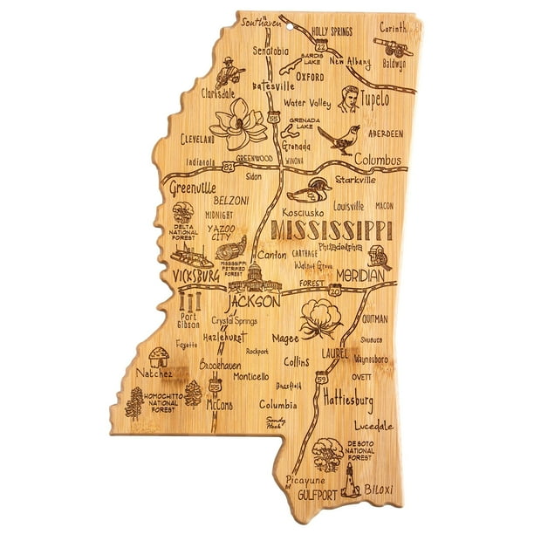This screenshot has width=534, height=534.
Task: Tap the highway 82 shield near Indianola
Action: (x=228, y=163)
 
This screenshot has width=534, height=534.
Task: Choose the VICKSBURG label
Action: (x=194, y=276)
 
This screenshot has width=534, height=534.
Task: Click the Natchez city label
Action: (x=141, y=373)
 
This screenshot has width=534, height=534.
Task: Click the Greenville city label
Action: (x=192, y=186)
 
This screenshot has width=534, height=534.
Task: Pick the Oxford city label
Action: (x=310, y=76)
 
